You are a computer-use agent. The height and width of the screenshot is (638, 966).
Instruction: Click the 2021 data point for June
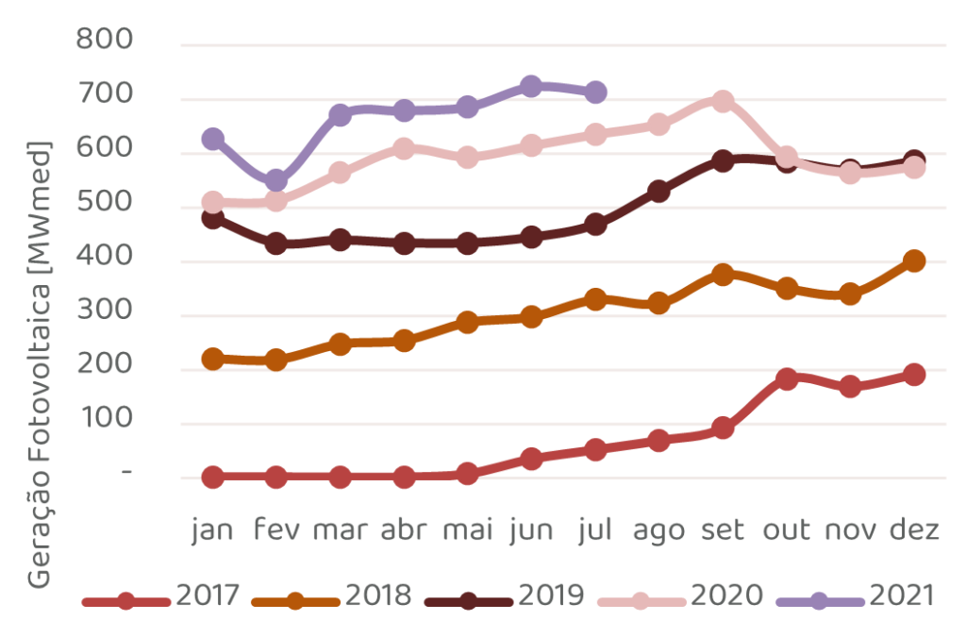pos(531,86)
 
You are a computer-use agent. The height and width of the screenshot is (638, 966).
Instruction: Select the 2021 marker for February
pos(276,180)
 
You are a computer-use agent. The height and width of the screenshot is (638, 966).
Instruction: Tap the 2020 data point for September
pos(723,101)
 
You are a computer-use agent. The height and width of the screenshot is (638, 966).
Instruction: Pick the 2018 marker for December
pos(913,260)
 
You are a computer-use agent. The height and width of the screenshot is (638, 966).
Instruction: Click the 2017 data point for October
pos(787,378)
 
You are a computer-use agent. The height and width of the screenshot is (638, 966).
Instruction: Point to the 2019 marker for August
pos(658,192)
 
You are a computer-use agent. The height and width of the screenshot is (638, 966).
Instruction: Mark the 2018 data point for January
pos(213,359)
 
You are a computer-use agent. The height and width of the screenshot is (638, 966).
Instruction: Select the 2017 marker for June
pos(531,459)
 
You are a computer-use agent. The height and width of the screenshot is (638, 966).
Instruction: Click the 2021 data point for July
pos(595,92)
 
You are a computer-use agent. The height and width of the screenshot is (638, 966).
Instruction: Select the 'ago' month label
pos(658,531)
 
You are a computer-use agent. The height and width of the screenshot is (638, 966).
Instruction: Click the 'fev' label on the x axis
pos(276,531)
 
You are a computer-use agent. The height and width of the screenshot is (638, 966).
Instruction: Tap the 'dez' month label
pos(913,531)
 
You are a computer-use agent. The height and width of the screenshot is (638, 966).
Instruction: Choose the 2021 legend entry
pos(857,597)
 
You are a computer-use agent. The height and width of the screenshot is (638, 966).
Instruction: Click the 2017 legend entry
pos(161,597)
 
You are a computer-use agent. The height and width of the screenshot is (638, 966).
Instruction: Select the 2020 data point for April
pos(404,148)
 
